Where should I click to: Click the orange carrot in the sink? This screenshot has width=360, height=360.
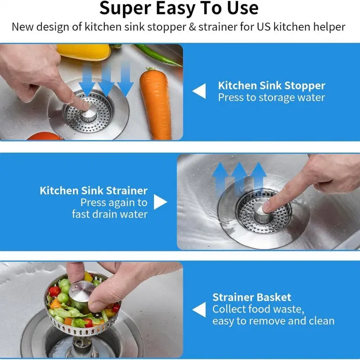click(156, 103)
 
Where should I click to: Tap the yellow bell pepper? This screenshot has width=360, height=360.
click(84, 52)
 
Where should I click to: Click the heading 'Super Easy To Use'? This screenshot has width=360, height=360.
click(179, 8)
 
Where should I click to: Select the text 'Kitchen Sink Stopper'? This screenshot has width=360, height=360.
click(272, 85)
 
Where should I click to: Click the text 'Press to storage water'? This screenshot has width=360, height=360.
click(271, 98)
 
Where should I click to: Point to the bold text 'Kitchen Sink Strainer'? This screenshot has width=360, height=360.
click(94, 191)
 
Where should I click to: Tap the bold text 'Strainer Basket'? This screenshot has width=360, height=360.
click(252, 297)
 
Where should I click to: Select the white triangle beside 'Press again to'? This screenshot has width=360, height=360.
click(160, 202)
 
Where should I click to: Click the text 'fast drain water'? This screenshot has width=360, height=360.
click(110, 214)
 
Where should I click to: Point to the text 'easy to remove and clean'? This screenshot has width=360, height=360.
click(274, 321)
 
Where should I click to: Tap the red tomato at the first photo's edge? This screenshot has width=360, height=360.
click(45, 136)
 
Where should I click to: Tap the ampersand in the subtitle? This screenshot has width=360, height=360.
click(192, 27)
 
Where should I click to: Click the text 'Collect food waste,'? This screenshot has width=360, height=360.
click(258, 309)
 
